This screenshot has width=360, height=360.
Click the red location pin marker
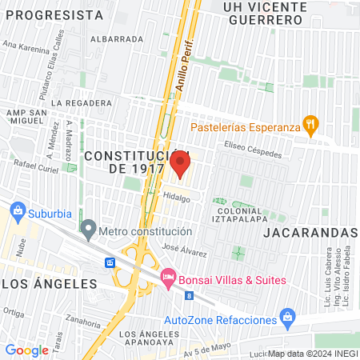[180, 165]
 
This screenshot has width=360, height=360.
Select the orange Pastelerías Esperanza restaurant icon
[310, 126]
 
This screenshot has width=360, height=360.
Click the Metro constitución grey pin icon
[88, 231]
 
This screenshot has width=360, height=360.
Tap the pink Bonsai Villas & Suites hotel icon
[167, 278]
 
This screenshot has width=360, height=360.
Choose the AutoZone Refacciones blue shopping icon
[288, 320]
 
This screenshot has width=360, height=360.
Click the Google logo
[26, 350]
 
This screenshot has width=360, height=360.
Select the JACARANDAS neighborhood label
[310, 232]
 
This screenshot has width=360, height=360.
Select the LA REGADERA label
[81, 103]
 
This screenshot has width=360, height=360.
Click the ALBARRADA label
[117, 38]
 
